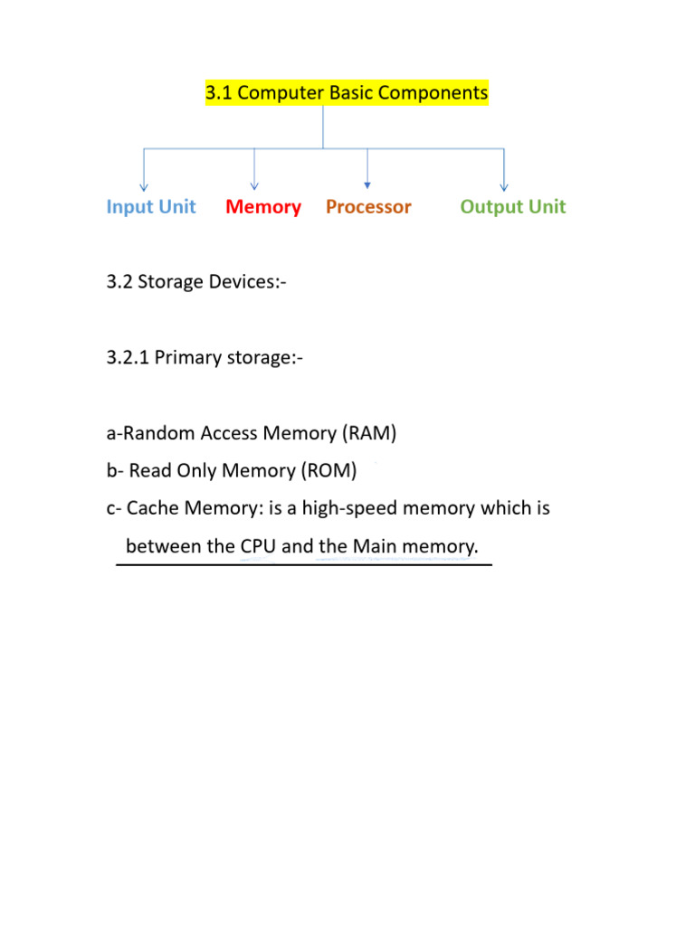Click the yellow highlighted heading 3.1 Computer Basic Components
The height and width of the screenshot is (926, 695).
pos(347,92)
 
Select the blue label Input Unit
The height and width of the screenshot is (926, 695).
pos(151,207)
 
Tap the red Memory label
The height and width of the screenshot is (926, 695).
pos(263,207)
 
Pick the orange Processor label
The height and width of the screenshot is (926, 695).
pos(368,207)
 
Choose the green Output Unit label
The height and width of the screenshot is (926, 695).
pos(512,207)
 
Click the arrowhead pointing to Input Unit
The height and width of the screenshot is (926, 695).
pos(144,185)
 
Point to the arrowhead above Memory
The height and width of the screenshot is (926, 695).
pos(255,185)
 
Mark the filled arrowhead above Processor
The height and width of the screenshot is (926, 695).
pos(367,184)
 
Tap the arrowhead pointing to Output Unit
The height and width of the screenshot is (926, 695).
pos(504,185)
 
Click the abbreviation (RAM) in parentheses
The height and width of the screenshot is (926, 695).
pos(369,433)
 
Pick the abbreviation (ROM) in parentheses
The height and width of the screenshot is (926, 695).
pos(328,470)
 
